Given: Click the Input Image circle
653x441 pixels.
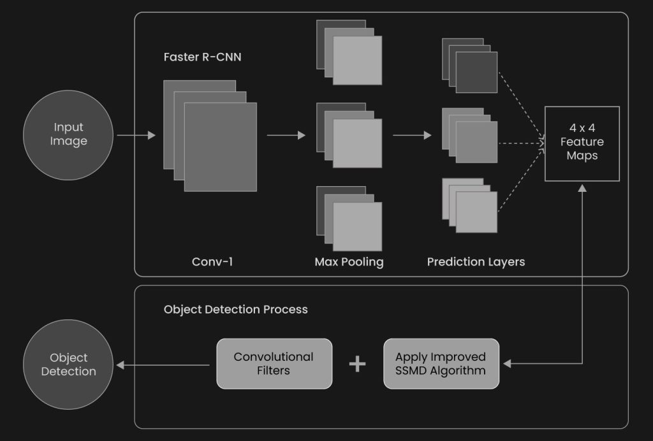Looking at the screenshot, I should coord(68,134).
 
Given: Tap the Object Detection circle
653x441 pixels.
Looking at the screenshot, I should coord(68,365).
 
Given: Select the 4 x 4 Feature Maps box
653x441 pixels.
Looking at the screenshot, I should coord(582,143).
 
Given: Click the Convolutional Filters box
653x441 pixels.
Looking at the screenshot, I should coord(274,363).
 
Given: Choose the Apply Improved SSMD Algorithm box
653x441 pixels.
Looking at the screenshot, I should coord(441,363).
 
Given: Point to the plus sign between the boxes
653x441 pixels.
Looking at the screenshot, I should coord(358,364).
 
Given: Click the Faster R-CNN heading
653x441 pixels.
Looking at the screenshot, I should coord(202,57).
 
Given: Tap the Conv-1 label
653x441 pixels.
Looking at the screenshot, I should coord(212,261).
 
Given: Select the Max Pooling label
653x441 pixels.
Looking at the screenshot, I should coord(349,261).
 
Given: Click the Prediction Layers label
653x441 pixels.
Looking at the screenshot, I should coord(476,261).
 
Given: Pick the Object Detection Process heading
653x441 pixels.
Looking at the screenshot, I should coord(235,310).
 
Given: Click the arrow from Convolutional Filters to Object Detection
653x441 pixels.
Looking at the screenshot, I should coord(166,365).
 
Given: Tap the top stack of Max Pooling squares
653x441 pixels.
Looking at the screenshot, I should coord(349,53).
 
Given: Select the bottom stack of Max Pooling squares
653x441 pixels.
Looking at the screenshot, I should coord(349,219).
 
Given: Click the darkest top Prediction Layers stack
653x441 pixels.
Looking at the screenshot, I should coord(470,66).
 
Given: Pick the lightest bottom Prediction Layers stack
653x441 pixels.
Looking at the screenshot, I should coord(470,205).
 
